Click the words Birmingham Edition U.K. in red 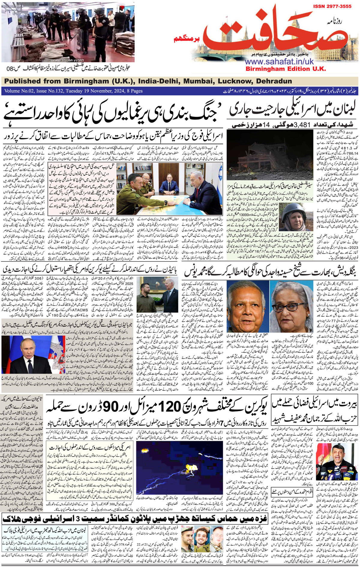click(x=285, y=69)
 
